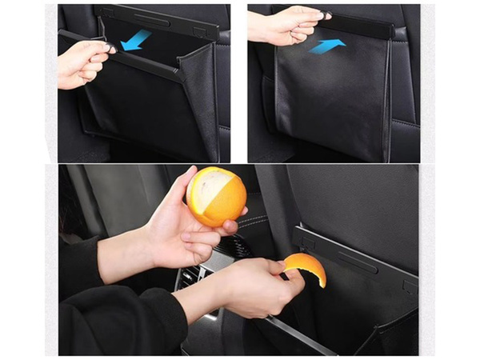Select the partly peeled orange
click(216, 196)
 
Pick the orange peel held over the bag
click(306, 268)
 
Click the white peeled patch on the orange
click(206, 193)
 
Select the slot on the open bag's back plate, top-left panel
click(151, 18)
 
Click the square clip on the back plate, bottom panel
click(408, 285)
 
